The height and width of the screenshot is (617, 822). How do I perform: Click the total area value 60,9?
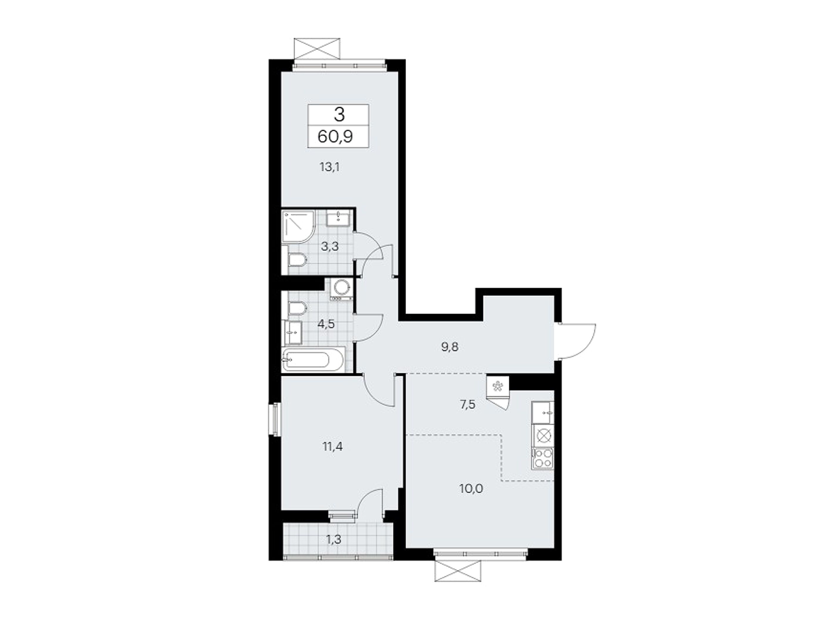coord(335,137)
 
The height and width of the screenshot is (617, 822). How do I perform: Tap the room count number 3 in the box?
coord(339,115)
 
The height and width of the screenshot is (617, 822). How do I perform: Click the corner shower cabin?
coord(298,226)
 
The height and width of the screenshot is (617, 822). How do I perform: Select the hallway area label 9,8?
coord(450,347)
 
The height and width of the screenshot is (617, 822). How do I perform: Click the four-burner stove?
coord(543,458)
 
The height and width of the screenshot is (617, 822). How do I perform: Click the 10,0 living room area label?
coord(471,489)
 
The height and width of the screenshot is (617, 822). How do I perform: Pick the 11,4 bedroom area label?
coord(333,446)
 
